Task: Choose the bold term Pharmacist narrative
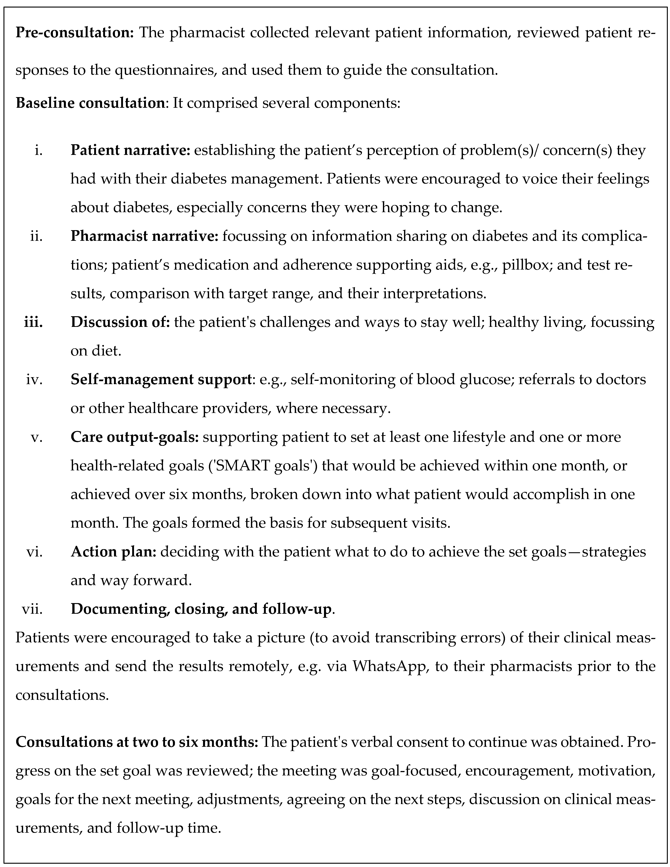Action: pos(145,237)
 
